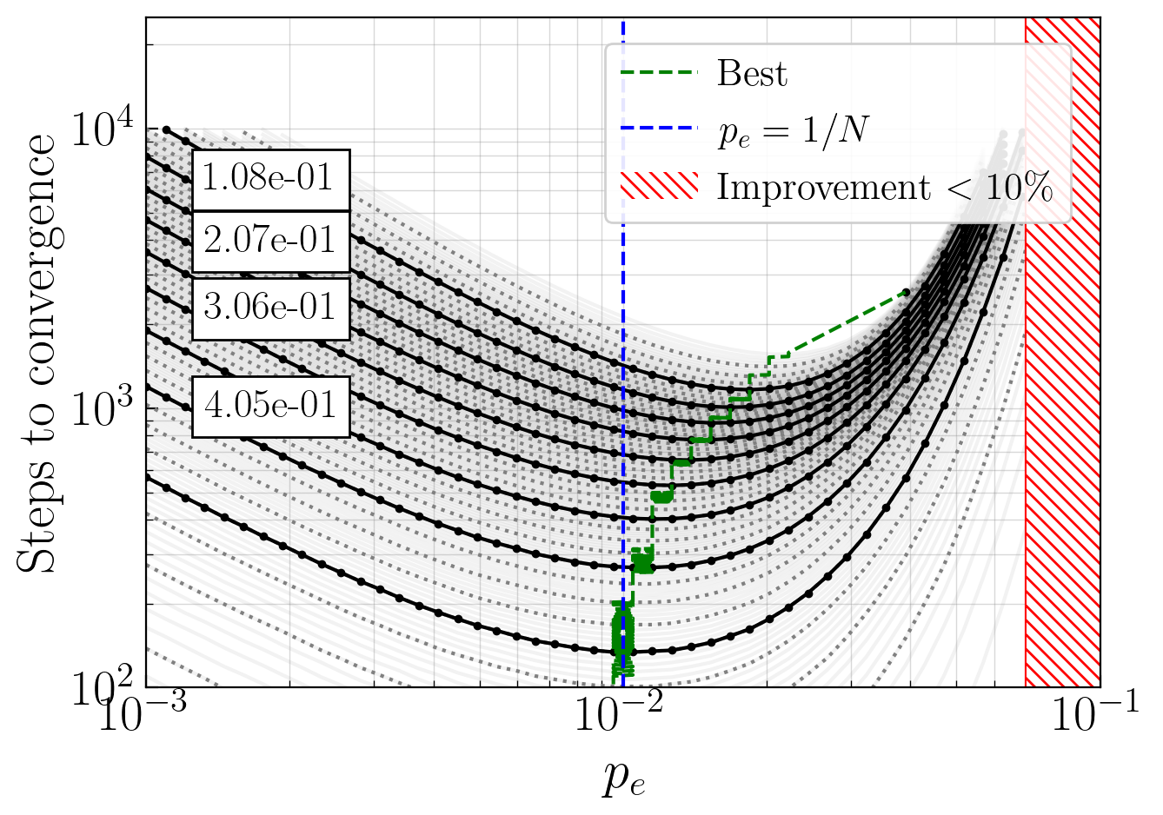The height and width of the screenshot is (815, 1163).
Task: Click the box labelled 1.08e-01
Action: (x=271, y=180)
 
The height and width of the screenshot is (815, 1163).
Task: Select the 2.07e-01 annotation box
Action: (x=271, y=242)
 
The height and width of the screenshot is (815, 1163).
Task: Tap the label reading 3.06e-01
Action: (x=271, y=308)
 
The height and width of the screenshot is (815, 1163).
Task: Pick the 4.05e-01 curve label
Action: (x=271, y=407)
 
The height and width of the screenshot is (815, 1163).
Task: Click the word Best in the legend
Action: (x=752, y=73)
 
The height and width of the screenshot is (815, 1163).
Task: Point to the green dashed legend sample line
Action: (x=660, y=72)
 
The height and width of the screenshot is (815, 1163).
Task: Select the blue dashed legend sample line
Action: (x=660, y=128)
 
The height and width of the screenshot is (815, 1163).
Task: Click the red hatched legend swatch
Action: (x=660, y=185)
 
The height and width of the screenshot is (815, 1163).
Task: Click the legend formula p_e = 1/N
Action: (x=794, y=131)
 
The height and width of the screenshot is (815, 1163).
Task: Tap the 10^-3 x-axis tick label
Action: (x=143, y=712)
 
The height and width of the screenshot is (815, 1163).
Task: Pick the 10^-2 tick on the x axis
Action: (x=619, y=712)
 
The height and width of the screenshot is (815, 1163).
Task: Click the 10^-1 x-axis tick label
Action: (x=1095, y=712)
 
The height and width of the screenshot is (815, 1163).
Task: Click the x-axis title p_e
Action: (x=623, y=779)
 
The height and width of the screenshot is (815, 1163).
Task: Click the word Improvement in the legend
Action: (x=823, y=188)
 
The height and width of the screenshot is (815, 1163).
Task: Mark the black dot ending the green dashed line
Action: (x=907, y=292)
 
